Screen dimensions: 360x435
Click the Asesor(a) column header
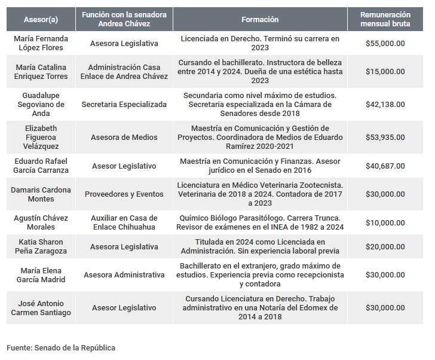click(41, 20)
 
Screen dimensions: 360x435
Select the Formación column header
click(260, 20)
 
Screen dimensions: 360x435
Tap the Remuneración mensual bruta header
click(385, 20)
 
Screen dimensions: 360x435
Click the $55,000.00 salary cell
click(385, 44)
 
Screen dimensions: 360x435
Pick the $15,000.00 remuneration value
click(385, 71)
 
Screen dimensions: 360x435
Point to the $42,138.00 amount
click(385, 104)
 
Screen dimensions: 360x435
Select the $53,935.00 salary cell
click(385, 137)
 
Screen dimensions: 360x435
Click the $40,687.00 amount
click(385, 166)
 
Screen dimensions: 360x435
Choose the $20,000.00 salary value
click(385, 246)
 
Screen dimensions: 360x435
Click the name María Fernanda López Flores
click(41, 43)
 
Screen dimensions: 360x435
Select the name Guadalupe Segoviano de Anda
click(41, 104)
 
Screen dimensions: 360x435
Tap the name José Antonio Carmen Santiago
click(41, 308)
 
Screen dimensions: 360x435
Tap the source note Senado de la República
click(61, 347)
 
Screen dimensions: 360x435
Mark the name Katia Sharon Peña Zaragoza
click(41, 246)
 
